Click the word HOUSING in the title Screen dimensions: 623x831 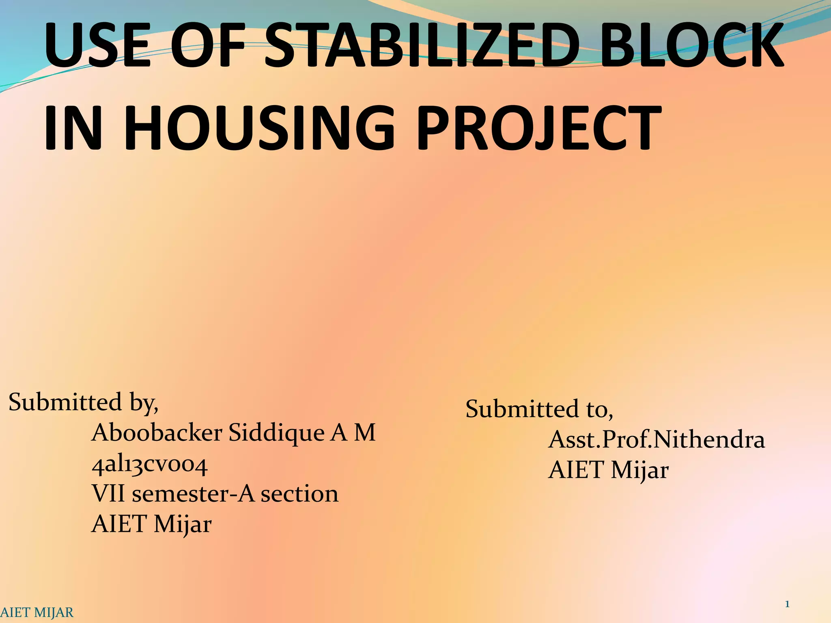(x=260, y=127)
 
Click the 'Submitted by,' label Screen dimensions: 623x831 (x=83, y=402)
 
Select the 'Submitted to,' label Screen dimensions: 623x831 (x=539, y=409)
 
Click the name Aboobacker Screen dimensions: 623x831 (x=157, y=433)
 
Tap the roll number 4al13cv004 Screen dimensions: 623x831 (x=150, y=465)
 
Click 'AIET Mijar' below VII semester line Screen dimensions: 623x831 (x=151, y=524)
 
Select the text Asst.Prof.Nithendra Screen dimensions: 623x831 (x=656, y=440)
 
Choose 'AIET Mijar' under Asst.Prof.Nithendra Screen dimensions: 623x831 (x=608, y=470)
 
